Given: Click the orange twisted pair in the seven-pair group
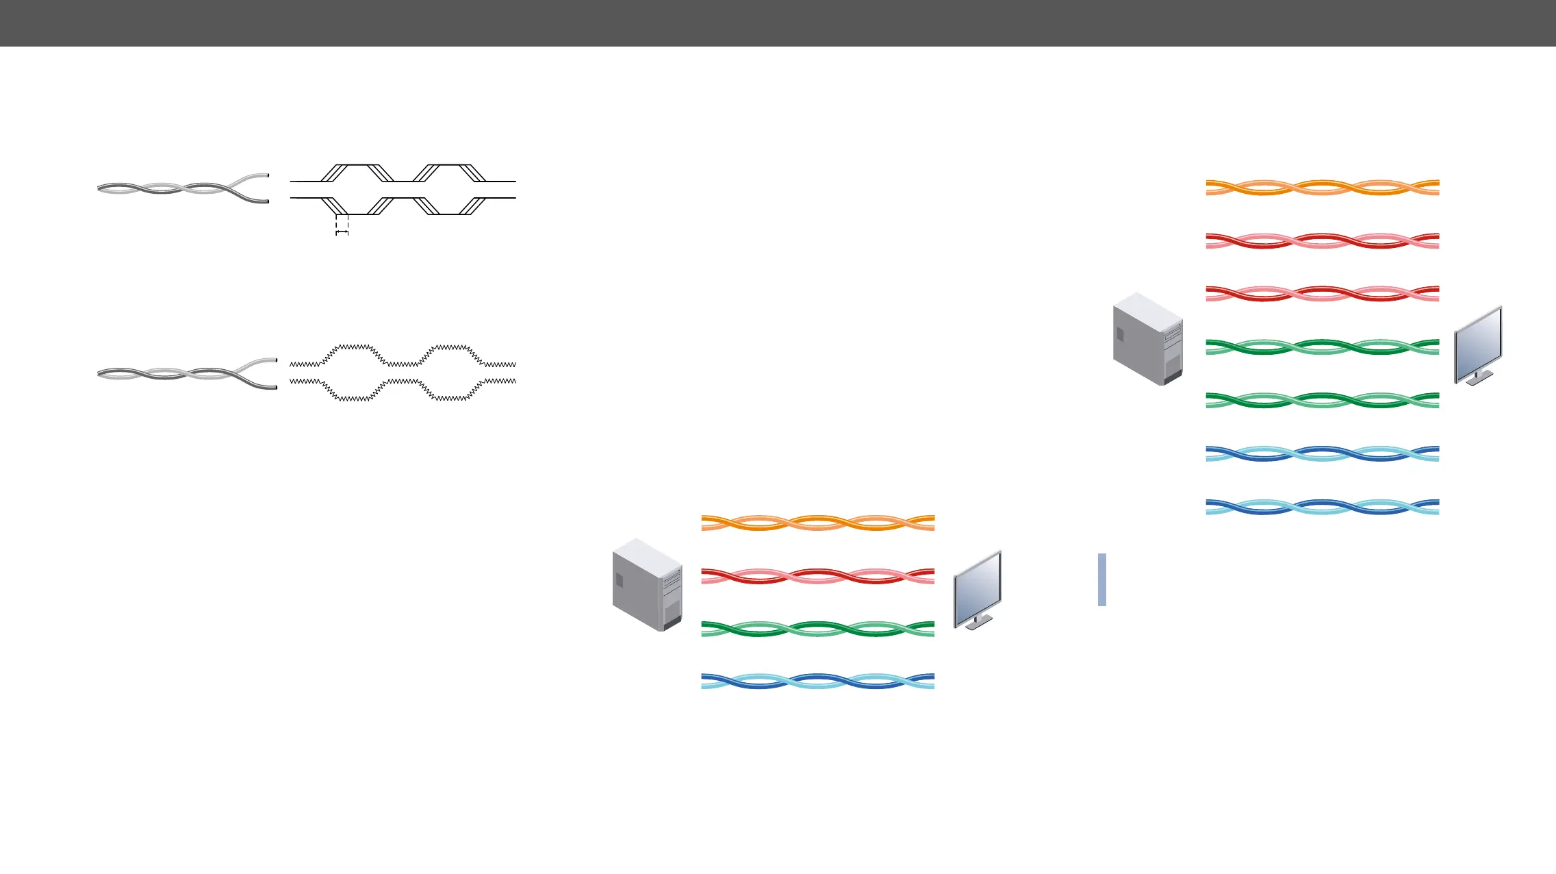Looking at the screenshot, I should (x=1322, y=188).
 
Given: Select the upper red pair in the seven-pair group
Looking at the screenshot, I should (x=1322, y=240).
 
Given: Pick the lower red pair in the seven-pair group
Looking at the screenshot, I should (x=1322, y=294).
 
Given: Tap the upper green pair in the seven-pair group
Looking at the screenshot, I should (x=1322, y=347).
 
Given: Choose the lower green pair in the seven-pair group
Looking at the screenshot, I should (x=1322, y=400).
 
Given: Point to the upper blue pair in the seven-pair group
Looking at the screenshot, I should (x=1322, y=453).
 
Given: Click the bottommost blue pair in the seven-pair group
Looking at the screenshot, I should (x=1322, y=507).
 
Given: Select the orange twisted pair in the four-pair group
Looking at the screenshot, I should (x=817, y=523).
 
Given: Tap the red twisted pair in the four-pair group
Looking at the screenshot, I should (x=817, y=576).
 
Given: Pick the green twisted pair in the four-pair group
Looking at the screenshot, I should (x=817, y=629).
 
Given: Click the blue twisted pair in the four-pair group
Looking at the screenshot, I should (x=817, y=682).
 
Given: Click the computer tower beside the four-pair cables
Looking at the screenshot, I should (x=647, y=584).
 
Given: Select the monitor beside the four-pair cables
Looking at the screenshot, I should (x=978, y=590).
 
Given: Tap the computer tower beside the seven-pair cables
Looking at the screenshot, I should (x=1148, y=338).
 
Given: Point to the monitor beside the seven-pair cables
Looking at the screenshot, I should (x=1478, y=345).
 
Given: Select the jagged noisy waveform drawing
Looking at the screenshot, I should (x=403, y=372).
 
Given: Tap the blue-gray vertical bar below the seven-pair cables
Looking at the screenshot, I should (x=1101, y=579).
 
